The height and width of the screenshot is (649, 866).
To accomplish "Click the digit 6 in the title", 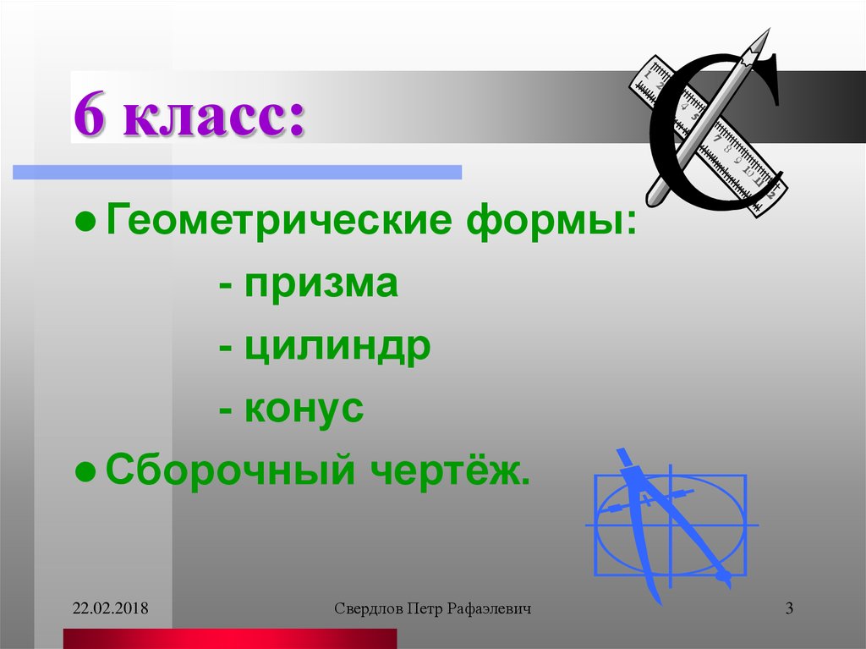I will (x=90, y=118).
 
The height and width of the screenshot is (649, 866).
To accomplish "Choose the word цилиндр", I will (x=337, y=348).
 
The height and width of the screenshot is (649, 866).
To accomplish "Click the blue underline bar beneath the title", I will (x=237, y=172).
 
